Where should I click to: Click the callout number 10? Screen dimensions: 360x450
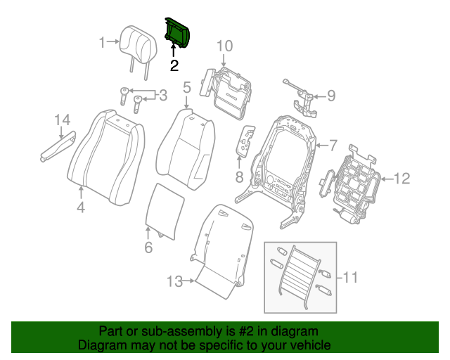point(224,46)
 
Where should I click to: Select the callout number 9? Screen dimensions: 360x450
point(330,96)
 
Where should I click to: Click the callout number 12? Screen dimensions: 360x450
point(401,179)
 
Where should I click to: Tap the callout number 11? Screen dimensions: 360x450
point(349,278)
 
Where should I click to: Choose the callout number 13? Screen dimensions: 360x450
point(174,282)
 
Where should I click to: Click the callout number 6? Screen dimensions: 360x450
point(148,247)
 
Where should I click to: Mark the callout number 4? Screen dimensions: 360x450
point(81,207)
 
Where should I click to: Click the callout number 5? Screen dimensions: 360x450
point(187,88)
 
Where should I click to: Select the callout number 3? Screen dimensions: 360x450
point(162,95)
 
